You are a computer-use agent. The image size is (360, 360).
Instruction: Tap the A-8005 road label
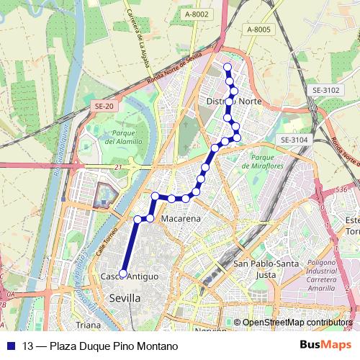coord(258,29)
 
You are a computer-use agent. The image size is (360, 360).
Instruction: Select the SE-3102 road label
coord(325,90)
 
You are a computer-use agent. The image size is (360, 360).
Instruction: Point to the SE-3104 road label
coord(294,140)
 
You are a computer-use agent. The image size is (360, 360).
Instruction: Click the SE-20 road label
coord(104,106)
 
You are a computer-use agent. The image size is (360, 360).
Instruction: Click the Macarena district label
coord(181,218)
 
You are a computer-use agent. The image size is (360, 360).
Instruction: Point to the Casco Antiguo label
coord(129,277)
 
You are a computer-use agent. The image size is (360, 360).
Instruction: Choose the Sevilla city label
coord(125,297)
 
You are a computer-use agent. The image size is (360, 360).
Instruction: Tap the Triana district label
coord(89,325)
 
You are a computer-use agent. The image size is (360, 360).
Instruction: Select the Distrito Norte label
coord(234,102)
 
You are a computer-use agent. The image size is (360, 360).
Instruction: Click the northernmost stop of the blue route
coord(228,68)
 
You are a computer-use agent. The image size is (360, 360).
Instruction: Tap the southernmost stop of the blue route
coord(123,274)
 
